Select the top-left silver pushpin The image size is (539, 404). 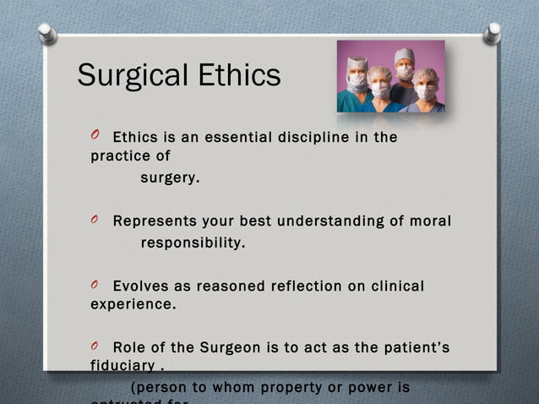(x=47, y=33)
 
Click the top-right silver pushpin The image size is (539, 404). (x=492, y=33)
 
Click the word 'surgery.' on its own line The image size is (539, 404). (x=170, y=178)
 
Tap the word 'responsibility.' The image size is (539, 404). (x=193, y=243)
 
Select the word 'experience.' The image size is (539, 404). (x=133, y=304)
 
